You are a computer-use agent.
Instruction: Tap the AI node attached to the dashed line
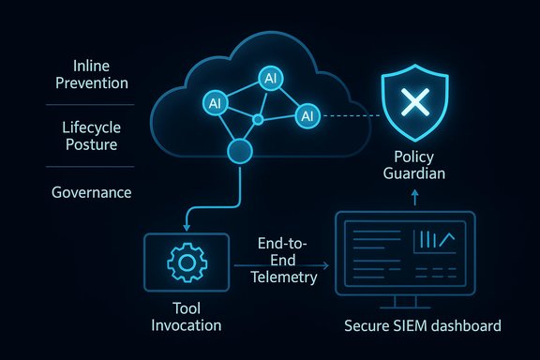tap(307, 116)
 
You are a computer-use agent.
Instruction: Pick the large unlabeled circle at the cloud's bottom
tap(242, 152)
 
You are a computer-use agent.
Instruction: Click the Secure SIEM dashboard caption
tap(422, 326)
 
